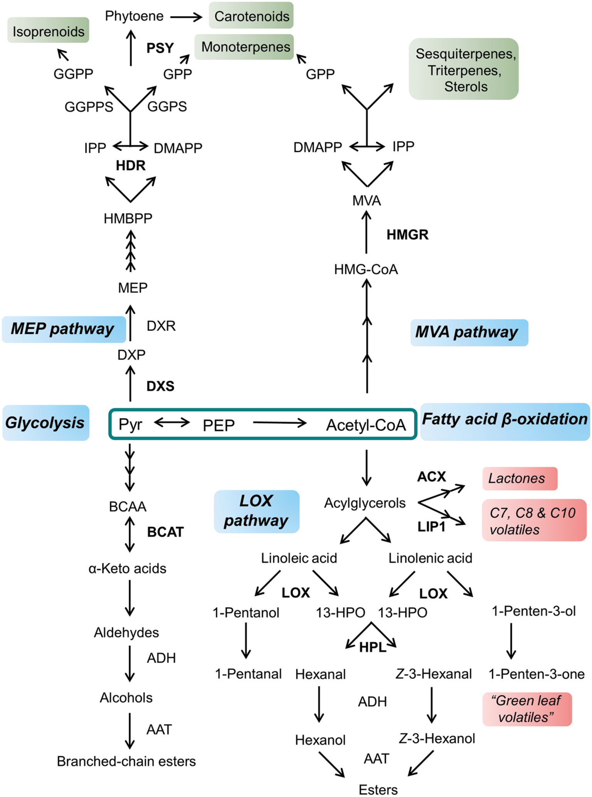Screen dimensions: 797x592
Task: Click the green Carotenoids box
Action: (x=251, y=16)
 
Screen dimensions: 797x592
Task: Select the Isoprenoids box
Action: (x=48, y=31)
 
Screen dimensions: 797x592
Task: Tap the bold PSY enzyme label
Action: (x=160, y=48)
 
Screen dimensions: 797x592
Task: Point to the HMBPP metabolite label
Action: (x=128, y=219)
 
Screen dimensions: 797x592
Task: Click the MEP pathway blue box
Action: (x=63, y=329)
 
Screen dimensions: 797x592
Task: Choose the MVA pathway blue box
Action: (x=469, y=332)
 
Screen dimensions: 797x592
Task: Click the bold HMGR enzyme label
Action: (x=407, y=234)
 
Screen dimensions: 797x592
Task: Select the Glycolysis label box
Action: (x=45, y=423)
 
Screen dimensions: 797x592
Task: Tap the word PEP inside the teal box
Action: (x=219, y=425)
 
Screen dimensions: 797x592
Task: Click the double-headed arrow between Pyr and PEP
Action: (x=172, y=423)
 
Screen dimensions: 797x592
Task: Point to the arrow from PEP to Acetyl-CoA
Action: (x=279, y=423)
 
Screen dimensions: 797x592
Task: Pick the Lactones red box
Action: (x=519, y=479)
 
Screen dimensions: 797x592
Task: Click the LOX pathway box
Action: (x=257, y=511)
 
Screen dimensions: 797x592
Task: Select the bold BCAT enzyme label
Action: (x=165, y=532)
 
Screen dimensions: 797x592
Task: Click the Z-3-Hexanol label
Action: (x=437, y=738)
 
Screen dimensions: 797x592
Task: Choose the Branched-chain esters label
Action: (x=126, y=761)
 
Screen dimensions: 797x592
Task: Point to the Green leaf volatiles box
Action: (x=526, y=709)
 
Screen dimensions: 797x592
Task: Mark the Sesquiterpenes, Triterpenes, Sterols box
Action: (x=464, y=69)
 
